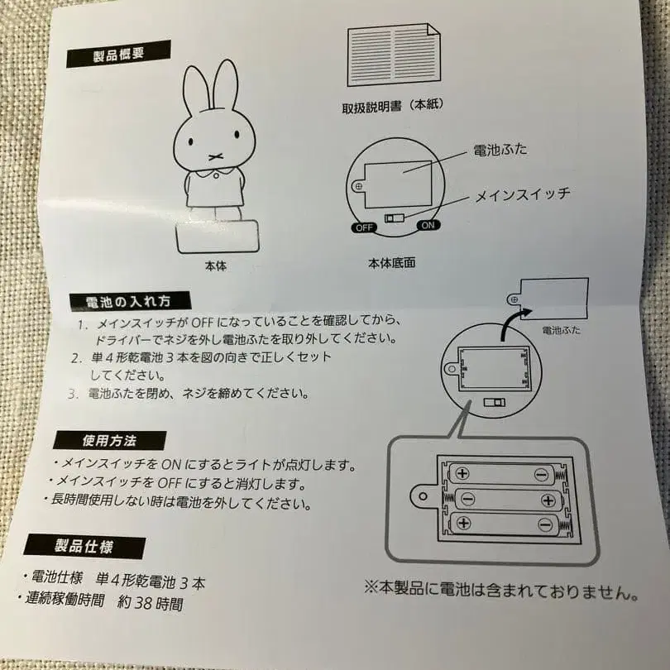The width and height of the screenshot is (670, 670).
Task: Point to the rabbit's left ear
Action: (x=195, y=92)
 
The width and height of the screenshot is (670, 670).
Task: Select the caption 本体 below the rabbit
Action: (x=215, y=266)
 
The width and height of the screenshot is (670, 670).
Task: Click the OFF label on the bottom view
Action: (x=363, y=226)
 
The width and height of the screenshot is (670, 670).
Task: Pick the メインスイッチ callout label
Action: (x=510, y=195)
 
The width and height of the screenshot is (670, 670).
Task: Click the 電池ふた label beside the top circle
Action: (x=499, y=151)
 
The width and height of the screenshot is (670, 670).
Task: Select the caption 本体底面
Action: (x=392, y=264)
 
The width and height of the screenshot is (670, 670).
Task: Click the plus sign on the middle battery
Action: (x=547, y=500)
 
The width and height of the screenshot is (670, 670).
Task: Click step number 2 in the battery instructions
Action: (x=74, y=358)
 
